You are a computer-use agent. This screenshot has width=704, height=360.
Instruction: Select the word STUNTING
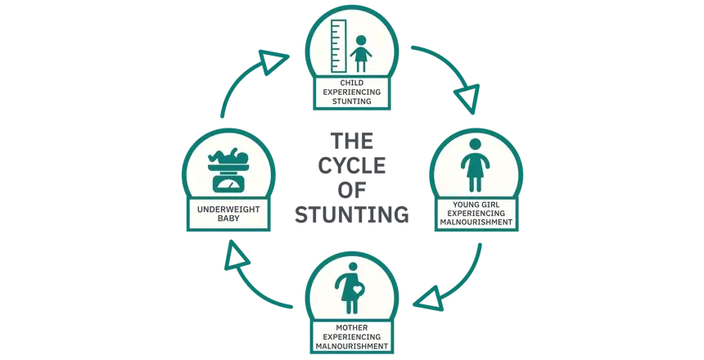[351, 103]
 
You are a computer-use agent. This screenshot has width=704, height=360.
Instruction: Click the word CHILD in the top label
[351, 83]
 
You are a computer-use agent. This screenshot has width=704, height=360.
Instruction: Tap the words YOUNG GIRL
[475, 203]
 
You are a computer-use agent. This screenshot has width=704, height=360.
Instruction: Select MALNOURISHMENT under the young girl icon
[475, 223]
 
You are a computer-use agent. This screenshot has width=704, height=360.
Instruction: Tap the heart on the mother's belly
[358, 288]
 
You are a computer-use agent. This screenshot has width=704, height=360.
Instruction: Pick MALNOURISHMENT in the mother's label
[351, 346]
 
